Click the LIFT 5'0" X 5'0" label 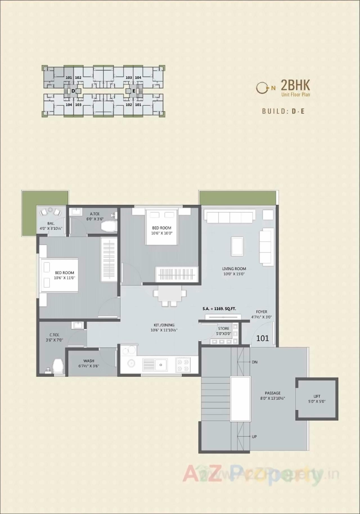point(317,399)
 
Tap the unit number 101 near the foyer point(262,338)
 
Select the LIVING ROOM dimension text point(234,271)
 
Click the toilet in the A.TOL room point(109,226)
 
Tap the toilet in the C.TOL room point(58,366)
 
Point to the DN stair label point(255,362)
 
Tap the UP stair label point(254,437)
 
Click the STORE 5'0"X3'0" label point(224,331)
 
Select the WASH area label point(89,363)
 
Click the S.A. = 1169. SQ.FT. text point(219,309)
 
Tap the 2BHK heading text point(295,85)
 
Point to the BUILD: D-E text point(283,111)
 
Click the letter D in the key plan point(73,91)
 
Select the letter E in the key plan point(134,91)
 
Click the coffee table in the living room point(237,246)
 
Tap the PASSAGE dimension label point(273,396)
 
